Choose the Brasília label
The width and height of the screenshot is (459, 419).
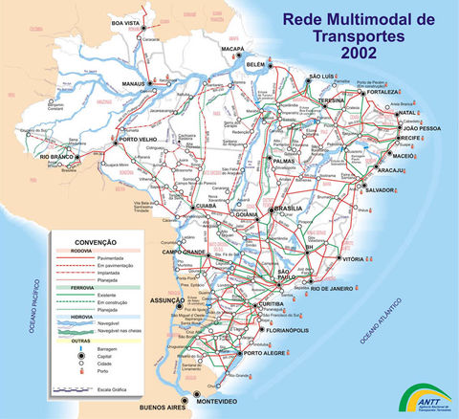[288, 208]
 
